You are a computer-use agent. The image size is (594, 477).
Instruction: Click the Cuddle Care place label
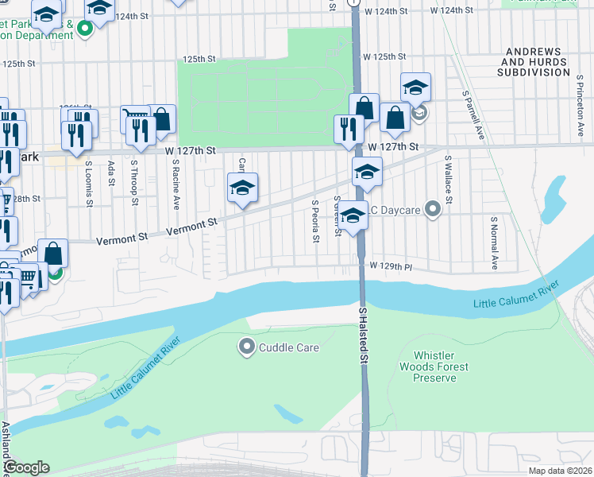pyautogui.click(x=291, y=347)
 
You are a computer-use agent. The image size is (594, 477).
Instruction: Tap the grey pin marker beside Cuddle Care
pyautogui.click(x=246, y=347)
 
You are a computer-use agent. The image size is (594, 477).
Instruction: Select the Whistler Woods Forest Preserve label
pyautogui.click(x=441, y=366)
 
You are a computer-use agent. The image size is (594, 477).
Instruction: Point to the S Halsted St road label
pyautogui.click(x=364, y=337)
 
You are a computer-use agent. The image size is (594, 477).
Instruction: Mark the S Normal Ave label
pyautogui.click(x=493, y=242)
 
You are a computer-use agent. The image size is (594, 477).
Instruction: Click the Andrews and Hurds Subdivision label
pyautogui.click(x=535, y=61)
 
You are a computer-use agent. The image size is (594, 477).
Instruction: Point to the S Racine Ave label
pyautogui.click(x=175, y=184)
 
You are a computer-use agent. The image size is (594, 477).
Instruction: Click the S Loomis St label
pyautogui.click(x=88, y=183)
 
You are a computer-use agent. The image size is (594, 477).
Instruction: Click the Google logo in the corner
pyautogui.click(x=26, y=467)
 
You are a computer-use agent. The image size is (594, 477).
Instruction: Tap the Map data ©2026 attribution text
pyautogui.click(x=560, y=471)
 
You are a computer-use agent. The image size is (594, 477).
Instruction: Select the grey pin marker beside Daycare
pyautogui.click(x=432, y=209)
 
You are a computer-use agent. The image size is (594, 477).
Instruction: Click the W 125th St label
pyautogui.click(x=385, y=57)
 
